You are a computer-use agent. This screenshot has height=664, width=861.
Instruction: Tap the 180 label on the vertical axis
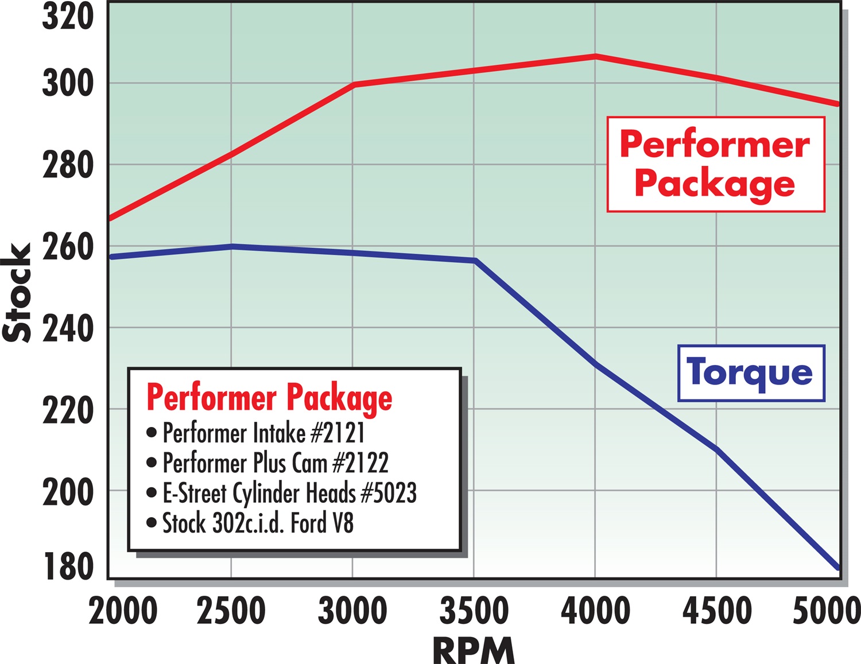coord(67,566)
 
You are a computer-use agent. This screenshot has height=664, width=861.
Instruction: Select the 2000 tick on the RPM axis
coord(123,611)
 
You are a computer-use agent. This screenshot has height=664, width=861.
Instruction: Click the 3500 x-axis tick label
coord(474,611)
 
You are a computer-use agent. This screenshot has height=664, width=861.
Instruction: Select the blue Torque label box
coord(751,373)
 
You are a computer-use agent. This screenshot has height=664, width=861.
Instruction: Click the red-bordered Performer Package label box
coord(715,164)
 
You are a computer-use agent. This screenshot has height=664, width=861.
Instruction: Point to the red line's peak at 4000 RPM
coord(595,56)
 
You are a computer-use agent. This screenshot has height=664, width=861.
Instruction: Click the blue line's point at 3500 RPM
coord(475,261)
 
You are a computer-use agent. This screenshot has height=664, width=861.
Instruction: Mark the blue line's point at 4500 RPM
coord(716,449)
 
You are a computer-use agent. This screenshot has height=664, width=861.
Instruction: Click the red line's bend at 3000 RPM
coord(354,84)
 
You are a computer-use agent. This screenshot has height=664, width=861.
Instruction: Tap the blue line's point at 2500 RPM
coord(231,246)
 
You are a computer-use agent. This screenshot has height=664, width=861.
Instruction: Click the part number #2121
coord(338,433)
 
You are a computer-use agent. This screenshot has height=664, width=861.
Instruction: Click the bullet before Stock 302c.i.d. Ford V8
coord(152,523)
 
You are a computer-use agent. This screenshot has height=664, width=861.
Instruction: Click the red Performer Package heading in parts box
coord(269,397)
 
